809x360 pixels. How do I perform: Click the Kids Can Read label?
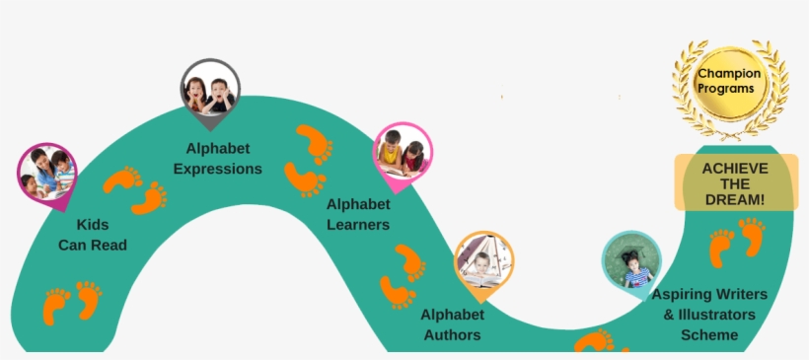pyautogui.click(x=93, y=235)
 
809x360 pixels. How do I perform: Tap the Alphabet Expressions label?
pyautogui.click(x=218, y=159)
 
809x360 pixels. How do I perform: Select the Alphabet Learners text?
pyautogui.click(x=358, y=214)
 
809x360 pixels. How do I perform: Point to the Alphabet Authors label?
pyautogui.click(x=453, y=324)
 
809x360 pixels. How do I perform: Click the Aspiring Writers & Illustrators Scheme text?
pyautogui.click(x=709, y=315)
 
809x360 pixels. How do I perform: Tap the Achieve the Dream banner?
pyautogui.click(x=734, y=183)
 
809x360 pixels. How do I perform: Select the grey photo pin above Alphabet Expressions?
pyautogui.click(x=210, y=89)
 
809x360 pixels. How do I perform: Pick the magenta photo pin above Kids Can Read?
pyautogui.click(x=46, y=172)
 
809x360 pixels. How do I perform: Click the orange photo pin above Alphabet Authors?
pyautogui.click(x=482, y=263)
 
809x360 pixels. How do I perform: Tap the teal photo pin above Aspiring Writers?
pyautogui.click(x=630, y=261)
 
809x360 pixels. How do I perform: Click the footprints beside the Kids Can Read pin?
pyautogui.click(x=135, y=189)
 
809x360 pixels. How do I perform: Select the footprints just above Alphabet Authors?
pyautogui.click(x=403, y=278)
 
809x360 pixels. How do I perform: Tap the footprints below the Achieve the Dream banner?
pyautogui.click(x=737, y=244)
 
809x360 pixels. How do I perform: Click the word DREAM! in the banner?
pyautogui.click(x=734, y=199)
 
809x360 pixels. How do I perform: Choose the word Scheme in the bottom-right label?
pyautogui.click(x=709, y=335)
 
